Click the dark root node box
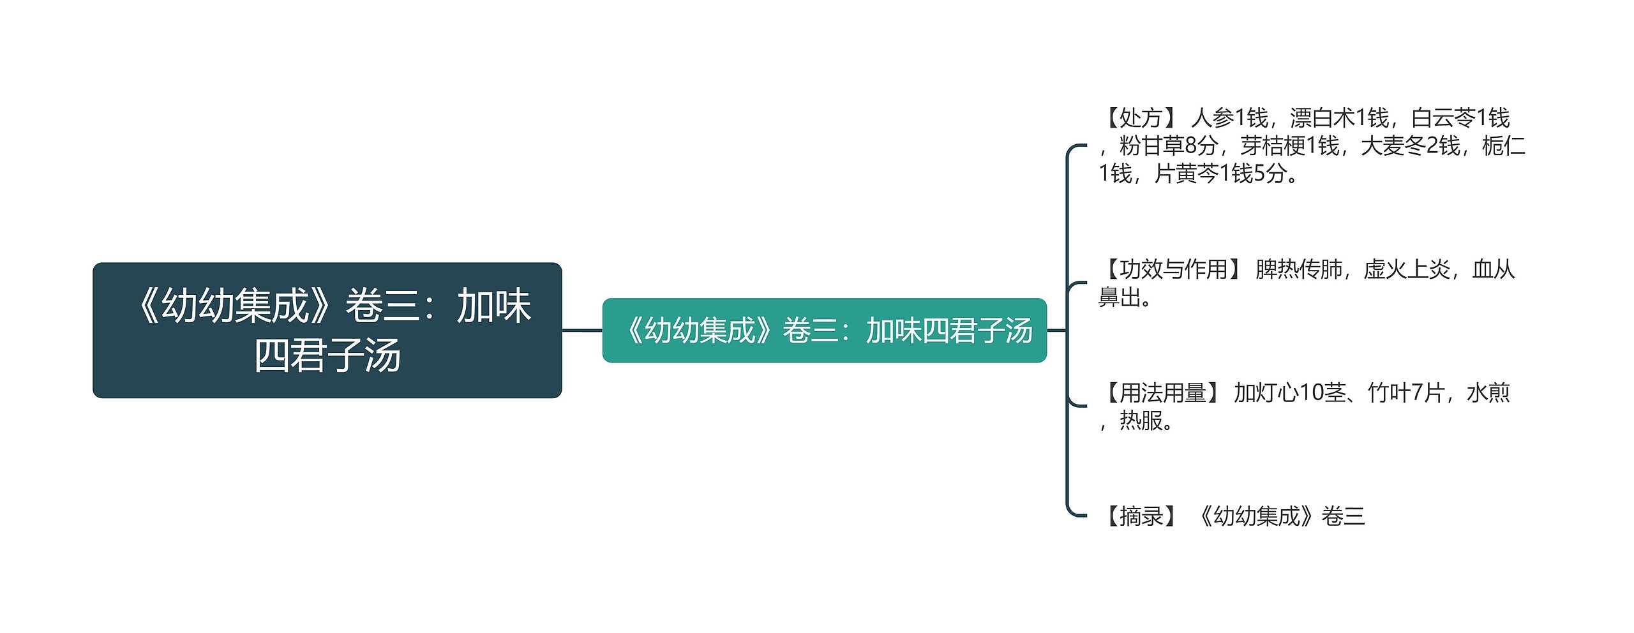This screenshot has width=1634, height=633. tap(327, 330)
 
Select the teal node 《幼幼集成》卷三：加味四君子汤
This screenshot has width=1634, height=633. tap(824, 331)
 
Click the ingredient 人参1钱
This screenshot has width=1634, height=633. tap(1229, 118)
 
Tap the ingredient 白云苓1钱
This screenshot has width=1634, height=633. tap(1460, 118)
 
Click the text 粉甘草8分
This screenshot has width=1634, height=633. tap(1168, 146)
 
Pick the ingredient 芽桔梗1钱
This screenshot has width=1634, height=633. tap(1289, 146)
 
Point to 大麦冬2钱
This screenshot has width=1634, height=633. tap(1411, 146)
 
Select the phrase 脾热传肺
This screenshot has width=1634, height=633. tap(1299, 269)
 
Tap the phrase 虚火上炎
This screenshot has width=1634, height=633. tap(1407, 269)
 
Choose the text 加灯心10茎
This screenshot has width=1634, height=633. tap(1289, 392)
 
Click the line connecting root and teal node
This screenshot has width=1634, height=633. tap(582, 331)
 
